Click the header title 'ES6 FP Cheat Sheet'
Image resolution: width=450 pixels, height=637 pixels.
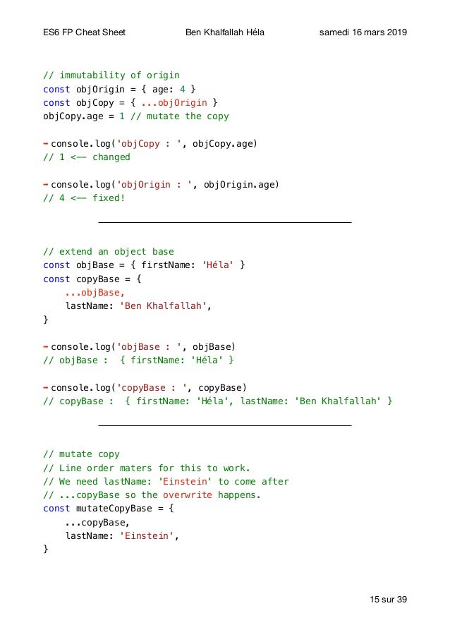[x=85, y=33]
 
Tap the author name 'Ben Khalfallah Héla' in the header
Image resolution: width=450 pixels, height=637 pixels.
[x=225, y=33]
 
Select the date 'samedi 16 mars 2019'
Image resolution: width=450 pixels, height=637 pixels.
[x=363, y=33]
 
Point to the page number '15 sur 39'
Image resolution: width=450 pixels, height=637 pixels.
[x=388, y=600]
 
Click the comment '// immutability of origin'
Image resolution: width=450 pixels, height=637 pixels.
[x=111, y=75]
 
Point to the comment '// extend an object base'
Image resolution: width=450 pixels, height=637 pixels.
[x=109, y=252]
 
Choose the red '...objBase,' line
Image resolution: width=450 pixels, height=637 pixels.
[x=95, y=293]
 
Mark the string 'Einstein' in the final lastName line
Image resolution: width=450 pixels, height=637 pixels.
[x=147, y=535]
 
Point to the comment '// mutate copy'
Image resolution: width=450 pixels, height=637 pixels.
[x=81, y=454]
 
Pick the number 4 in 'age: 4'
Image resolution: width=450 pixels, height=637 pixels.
[x=182, y=90]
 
